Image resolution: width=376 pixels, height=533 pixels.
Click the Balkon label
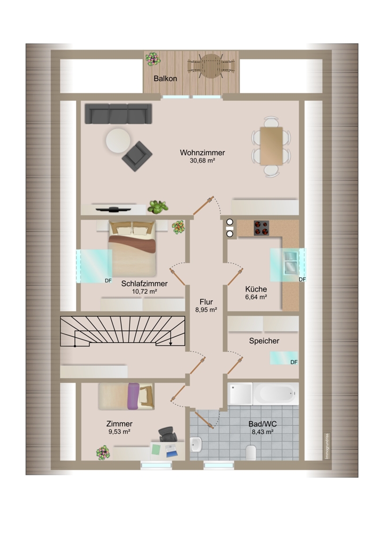click(x=165, y=78)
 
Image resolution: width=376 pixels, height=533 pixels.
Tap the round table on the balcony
click(x=211, y=67)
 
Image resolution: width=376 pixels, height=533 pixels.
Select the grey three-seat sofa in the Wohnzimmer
click(x=118, y=114)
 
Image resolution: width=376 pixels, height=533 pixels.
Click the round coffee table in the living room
click(x=117, y=141)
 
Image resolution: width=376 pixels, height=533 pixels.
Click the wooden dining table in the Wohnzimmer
click(x=271, y=146)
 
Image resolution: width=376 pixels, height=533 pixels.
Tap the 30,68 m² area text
click(x=202, y=161)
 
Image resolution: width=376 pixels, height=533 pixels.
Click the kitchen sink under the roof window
click(x=291, y=262)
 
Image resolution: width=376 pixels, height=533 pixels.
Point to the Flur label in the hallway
click(x=206, y=301)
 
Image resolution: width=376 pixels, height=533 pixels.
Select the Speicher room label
click(x=264, y=341)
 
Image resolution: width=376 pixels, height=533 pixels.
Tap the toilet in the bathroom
click(x=251, y=453)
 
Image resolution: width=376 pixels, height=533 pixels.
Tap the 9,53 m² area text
click(x=119, y=432)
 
